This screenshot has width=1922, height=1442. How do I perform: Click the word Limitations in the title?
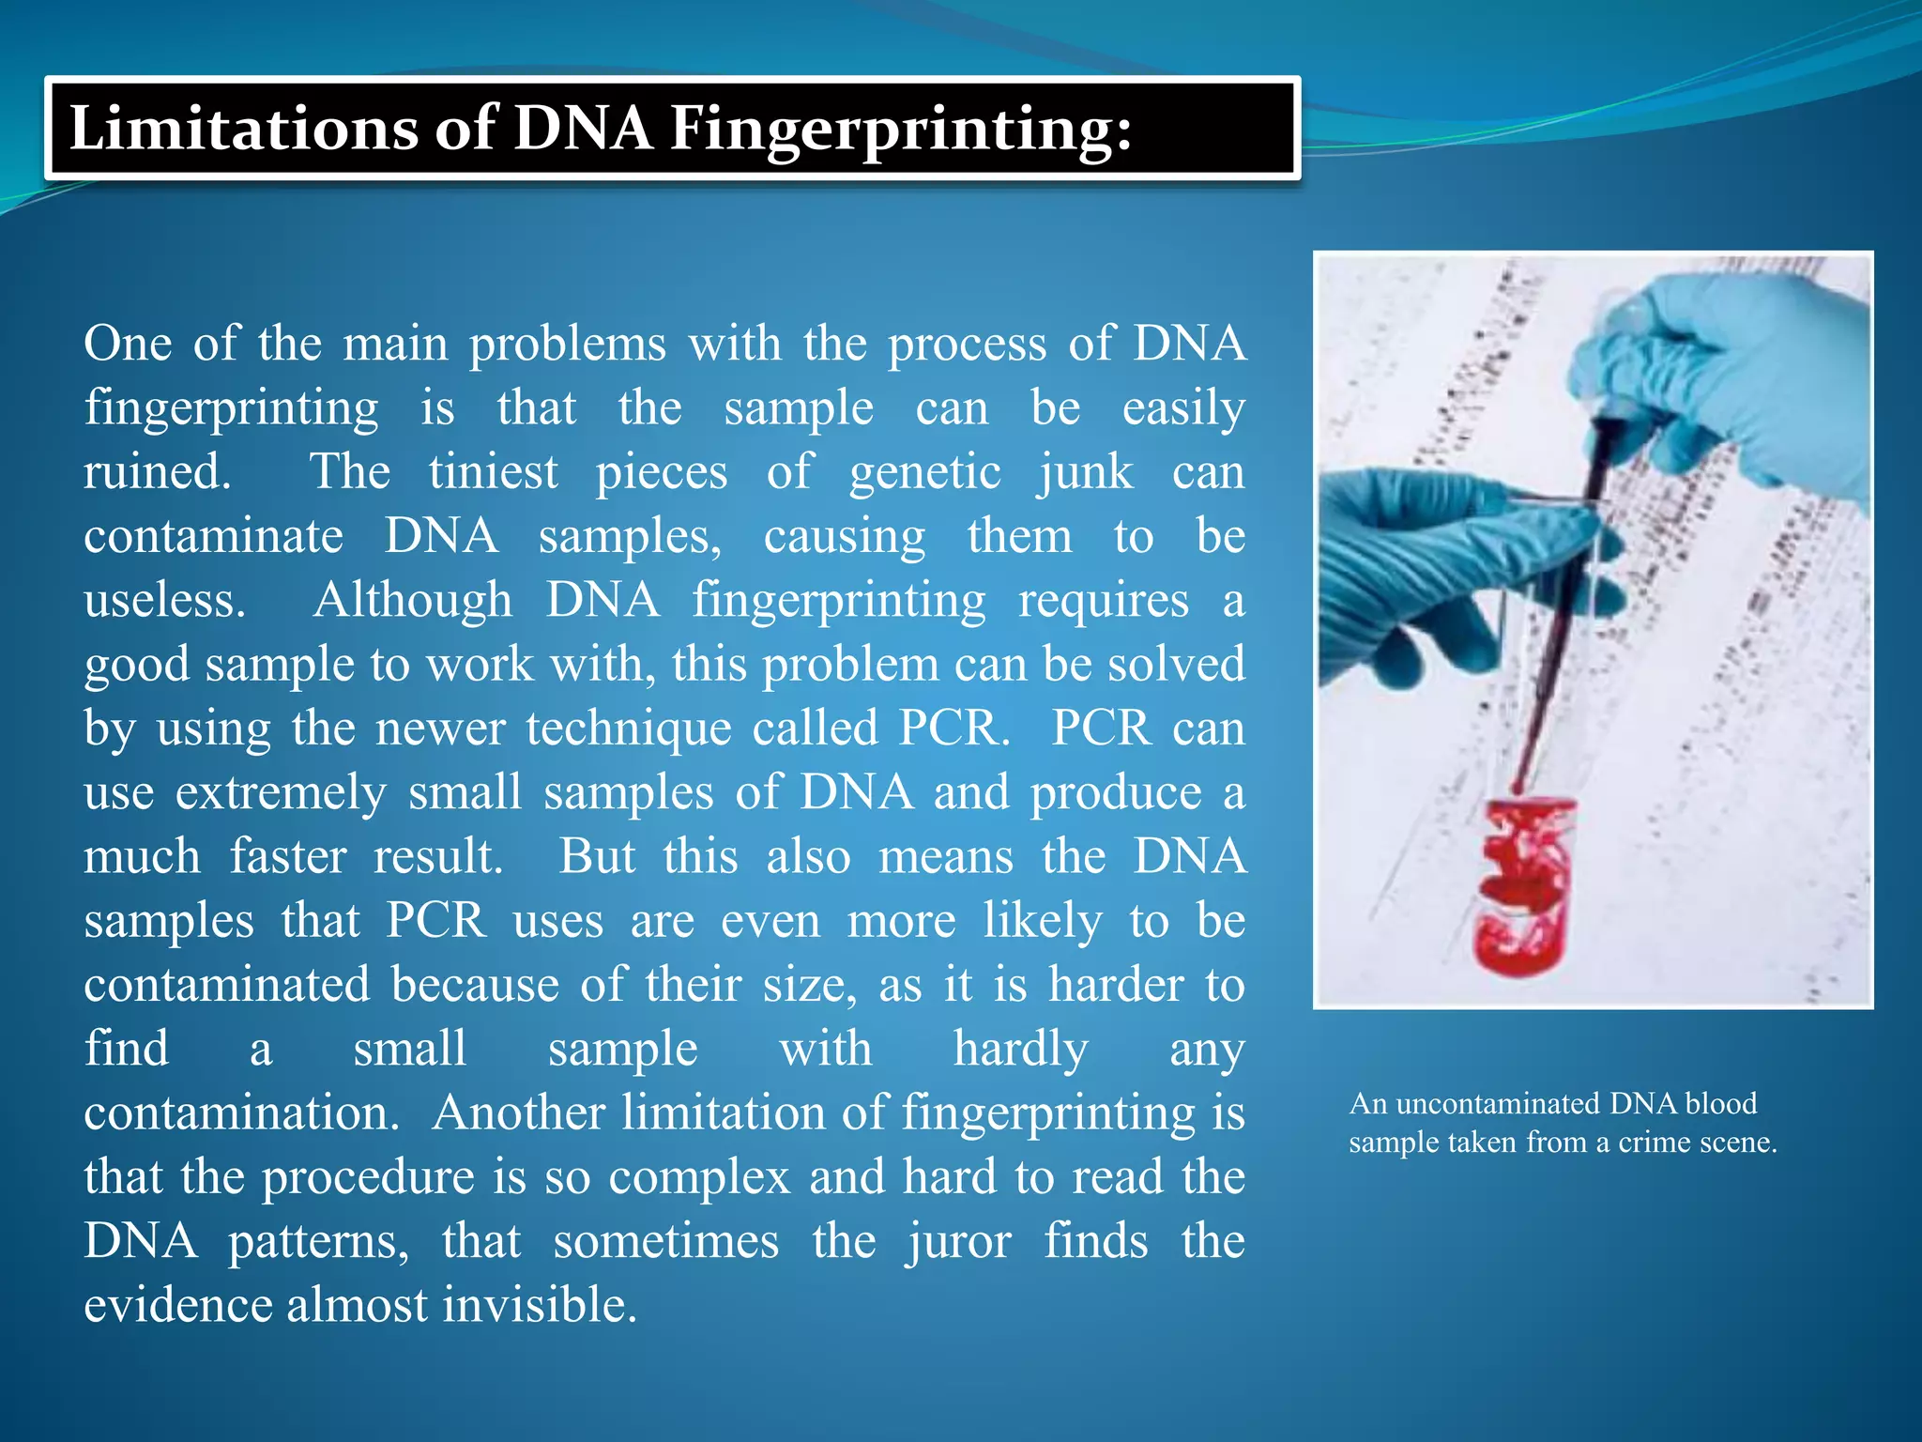coord(242,128)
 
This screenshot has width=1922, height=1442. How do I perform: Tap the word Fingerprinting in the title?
coord(900,130)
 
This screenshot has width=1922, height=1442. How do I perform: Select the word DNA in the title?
coord(581,128)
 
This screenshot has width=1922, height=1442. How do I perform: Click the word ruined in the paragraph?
coord(156,471)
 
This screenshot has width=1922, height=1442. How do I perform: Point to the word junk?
coord(1085,473)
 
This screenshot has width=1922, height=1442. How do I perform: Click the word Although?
coord(413,601)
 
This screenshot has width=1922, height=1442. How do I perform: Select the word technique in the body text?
coord(628,729)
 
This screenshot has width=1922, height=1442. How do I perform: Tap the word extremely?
coord(281,793)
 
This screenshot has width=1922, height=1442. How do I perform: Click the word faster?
coord(288,856)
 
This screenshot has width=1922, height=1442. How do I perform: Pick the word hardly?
coord(1020,1050)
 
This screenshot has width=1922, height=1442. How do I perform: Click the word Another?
coord(518,1113)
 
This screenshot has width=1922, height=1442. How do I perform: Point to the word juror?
coord(958,1242)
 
